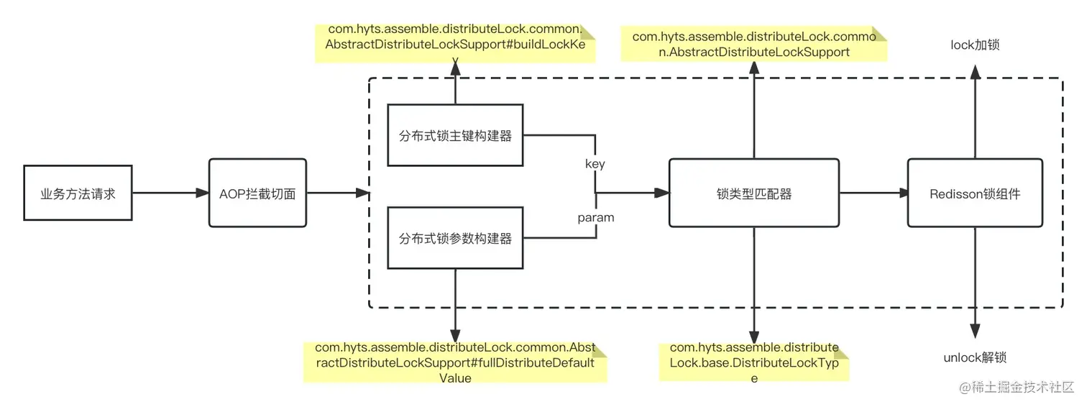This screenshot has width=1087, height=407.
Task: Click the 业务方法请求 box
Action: coord(78,193)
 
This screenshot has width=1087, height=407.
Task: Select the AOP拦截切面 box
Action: coord(257,193)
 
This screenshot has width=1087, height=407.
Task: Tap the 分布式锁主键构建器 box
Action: coord(455,135)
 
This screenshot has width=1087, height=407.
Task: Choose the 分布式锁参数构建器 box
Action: coord(455,238)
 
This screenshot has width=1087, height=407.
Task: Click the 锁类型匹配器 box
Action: coord(754,193)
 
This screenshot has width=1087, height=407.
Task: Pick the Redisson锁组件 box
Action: coord(974,193)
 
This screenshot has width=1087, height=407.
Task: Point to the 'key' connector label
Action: coord(595,164)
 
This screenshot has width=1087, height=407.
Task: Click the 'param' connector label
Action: coord(596,217)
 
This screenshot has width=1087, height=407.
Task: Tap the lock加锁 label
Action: coord(975,45)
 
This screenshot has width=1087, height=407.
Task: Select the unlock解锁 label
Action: coord(975,357)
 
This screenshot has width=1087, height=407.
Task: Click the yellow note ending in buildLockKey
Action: coord(454,44)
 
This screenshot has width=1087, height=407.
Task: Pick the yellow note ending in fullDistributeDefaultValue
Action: coord(454,362)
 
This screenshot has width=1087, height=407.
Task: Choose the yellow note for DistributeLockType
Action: coord(754,362)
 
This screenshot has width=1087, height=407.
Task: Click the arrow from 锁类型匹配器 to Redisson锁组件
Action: coord(873,193)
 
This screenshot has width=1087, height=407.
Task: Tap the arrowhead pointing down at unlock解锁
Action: coord(975,331)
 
